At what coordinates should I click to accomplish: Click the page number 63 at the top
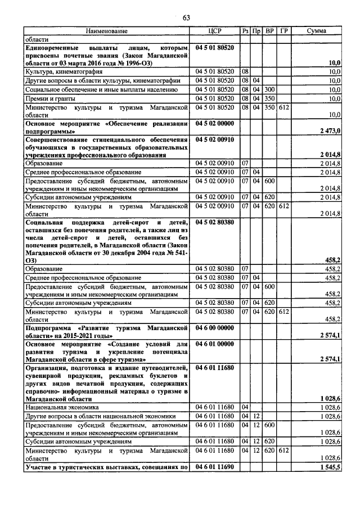(x=187, y=18)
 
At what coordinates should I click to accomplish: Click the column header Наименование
(x=107, y=31)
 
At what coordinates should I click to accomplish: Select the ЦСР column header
(x=215, y=31)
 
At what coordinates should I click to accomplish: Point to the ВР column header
(x=270, y=31)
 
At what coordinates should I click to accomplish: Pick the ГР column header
(x=284, y=31)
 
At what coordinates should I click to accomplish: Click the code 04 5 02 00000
(x=215, y=122)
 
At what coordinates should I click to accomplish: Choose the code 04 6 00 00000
(x=215, y=327)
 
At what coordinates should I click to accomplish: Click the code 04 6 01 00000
(x=215, y=344)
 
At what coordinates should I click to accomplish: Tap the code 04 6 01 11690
(x=215, y=467)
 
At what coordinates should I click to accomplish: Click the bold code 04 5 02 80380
(x=215, y=223)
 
